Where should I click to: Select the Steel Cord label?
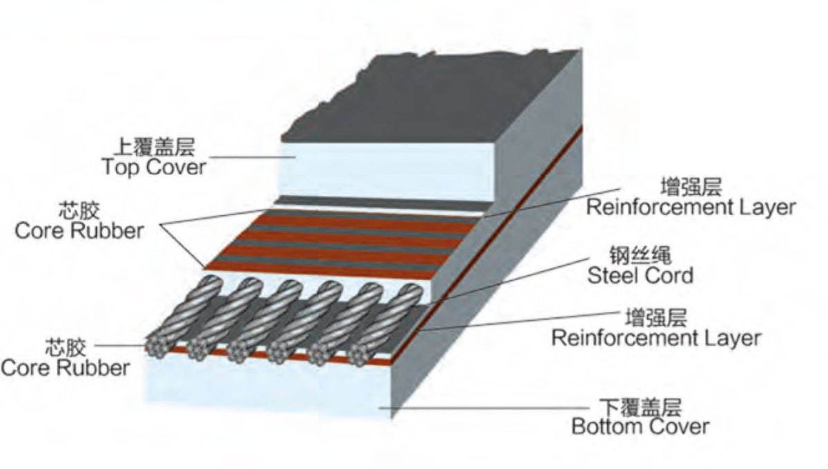point(640,275)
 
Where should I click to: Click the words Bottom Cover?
point(640,426)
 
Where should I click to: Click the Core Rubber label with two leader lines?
point(79,230)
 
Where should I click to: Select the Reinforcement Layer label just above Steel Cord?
point(690,206)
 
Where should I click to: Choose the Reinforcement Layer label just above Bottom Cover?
point(655,338)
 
